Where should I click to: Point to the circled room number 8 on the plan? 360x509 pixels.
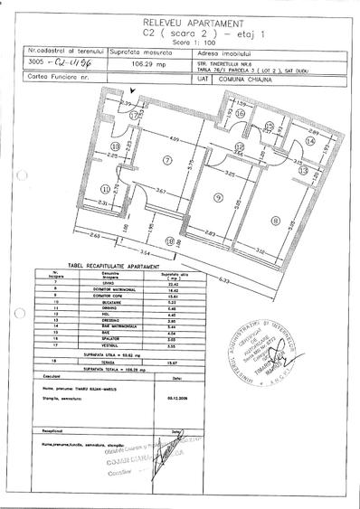point(275,217)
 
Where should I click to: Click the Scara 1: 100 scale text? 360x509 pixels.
point(181,42)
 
